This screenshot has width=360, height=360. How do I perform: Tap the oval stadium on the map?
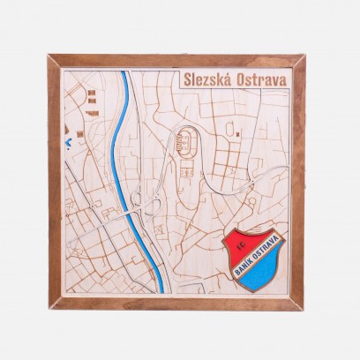(x=188, y=140)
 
